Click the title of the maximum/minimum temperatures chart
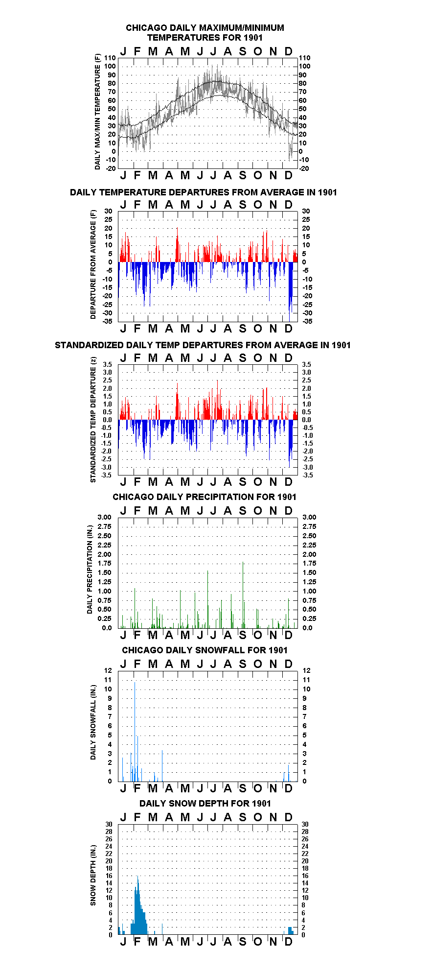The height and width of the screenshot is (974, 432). click(x=205, y=33)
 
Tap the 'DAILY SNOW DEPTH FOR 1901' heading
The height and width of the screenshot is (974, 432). click(x=205, y=803)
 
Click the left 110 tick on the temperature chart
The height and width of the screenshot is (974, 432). click(x=111, y=58)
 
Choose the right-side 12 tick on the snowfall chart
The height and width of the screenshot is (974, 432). click(x=306, y=670)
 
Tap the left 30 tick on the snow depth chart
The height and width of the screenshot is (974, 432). click(x=109, y=824)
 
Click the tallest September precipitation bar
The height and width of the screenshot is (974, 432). click(x=243, y=594)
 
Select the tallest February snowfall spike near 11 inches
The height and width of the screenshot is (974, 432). click(x=135, y=731)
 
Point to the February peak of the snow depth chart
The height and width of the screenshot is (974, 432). click(x=137, y=876)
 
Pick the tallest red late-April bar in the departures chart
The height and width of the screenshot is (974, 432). click(x=177, y=245)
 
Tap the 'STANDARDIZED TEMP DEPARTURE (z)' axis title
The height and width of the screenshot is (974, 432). click(x=93, y=420)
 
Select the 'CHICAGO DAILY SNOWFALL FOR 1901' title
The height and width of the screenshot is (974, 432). click(x=205, y=650)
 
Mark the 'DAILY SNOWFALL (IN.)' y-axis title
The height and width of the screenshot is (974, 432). click(x=93, y=722)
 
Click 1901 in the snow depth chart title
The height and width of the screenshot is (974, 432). click(x=261, y=803)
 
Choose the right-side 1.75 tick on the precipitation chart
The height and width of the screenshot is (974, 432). click(x=309, y=563)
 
